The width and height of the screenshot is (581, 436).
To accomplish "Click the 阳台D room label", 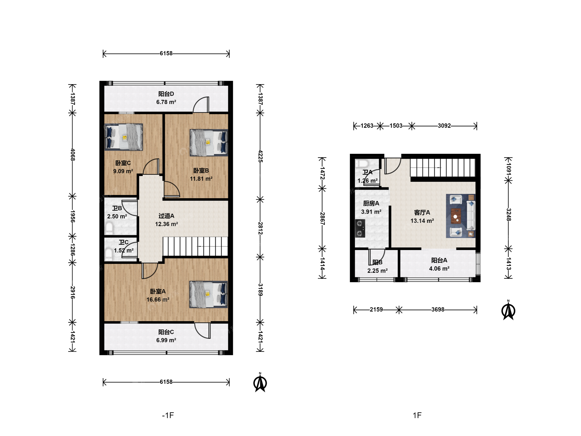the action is point(166,94).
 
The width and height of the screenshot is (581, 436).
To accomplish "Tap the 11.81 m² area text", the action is point(201,179).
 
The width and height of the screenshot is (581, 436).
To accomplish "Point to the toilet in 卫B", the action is point(109,228).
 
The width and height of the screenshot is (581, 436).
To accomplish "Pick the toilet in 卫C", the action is point(109,254).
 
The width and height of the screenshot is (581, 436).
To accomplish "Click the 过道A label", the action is point(166,216).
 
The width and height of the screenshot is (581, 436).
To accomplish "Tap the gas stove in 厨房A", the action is point(360,228).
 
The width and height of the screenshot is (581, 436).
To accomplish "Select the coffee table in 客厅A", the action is point(456,216).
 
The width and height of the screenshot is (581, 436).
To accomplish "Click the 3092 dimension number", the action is point(444,126).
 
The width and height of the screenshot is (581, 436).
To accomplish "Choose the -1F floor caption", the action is point(168,415).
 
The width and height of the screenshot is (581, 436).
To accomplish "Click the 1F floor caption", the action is point(417,415).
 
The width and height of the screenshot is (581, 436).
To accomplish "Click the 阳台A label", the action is point(439,260).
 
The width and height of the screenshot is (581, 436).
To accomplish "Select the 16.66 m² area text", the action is point(158,300).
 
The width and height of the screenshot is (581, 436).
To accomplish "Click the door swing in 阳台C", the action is point(203,330).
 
